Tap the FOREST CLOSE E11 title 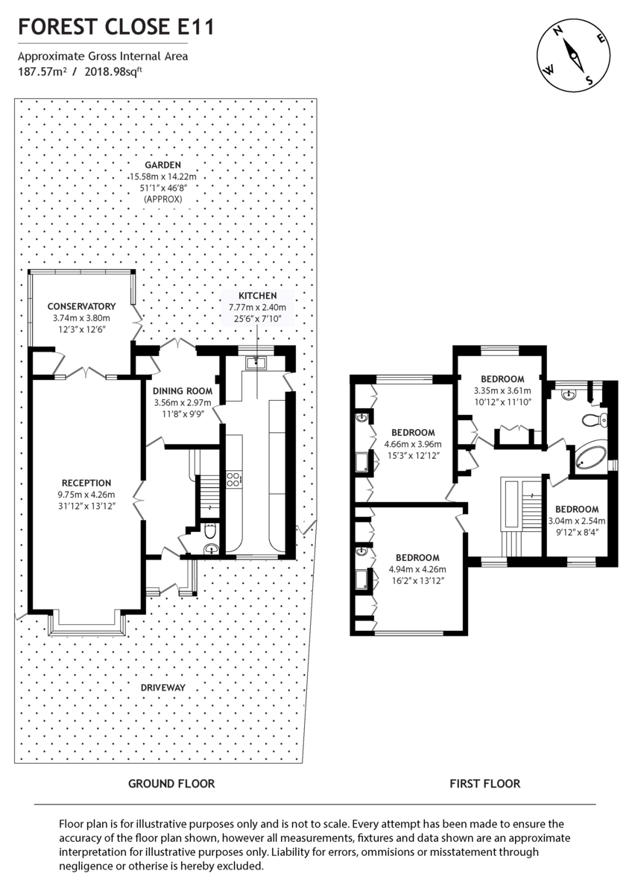(x=116, y=28)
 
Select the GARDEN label (x=163, y=165)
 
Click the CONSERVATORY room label (x=81, y=306)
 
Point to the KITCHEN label (x=257, y=296)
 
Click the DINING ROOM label (x=183, y=390)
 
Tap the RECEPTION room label (x=86, y=483)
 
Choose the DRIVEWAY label (x=162, y=687)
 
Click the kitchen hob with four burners (x=233, y=478)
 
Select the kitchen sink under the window (x=258, y=362)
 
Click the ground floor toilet (x=211, y=533)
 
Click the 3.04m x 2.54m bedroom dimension (x=577, y=521)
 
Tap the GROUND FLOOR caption (x=171, y=783)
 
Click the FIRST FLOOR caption (x=484, y=783)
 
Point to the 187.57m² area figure (x=41, y=72)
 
